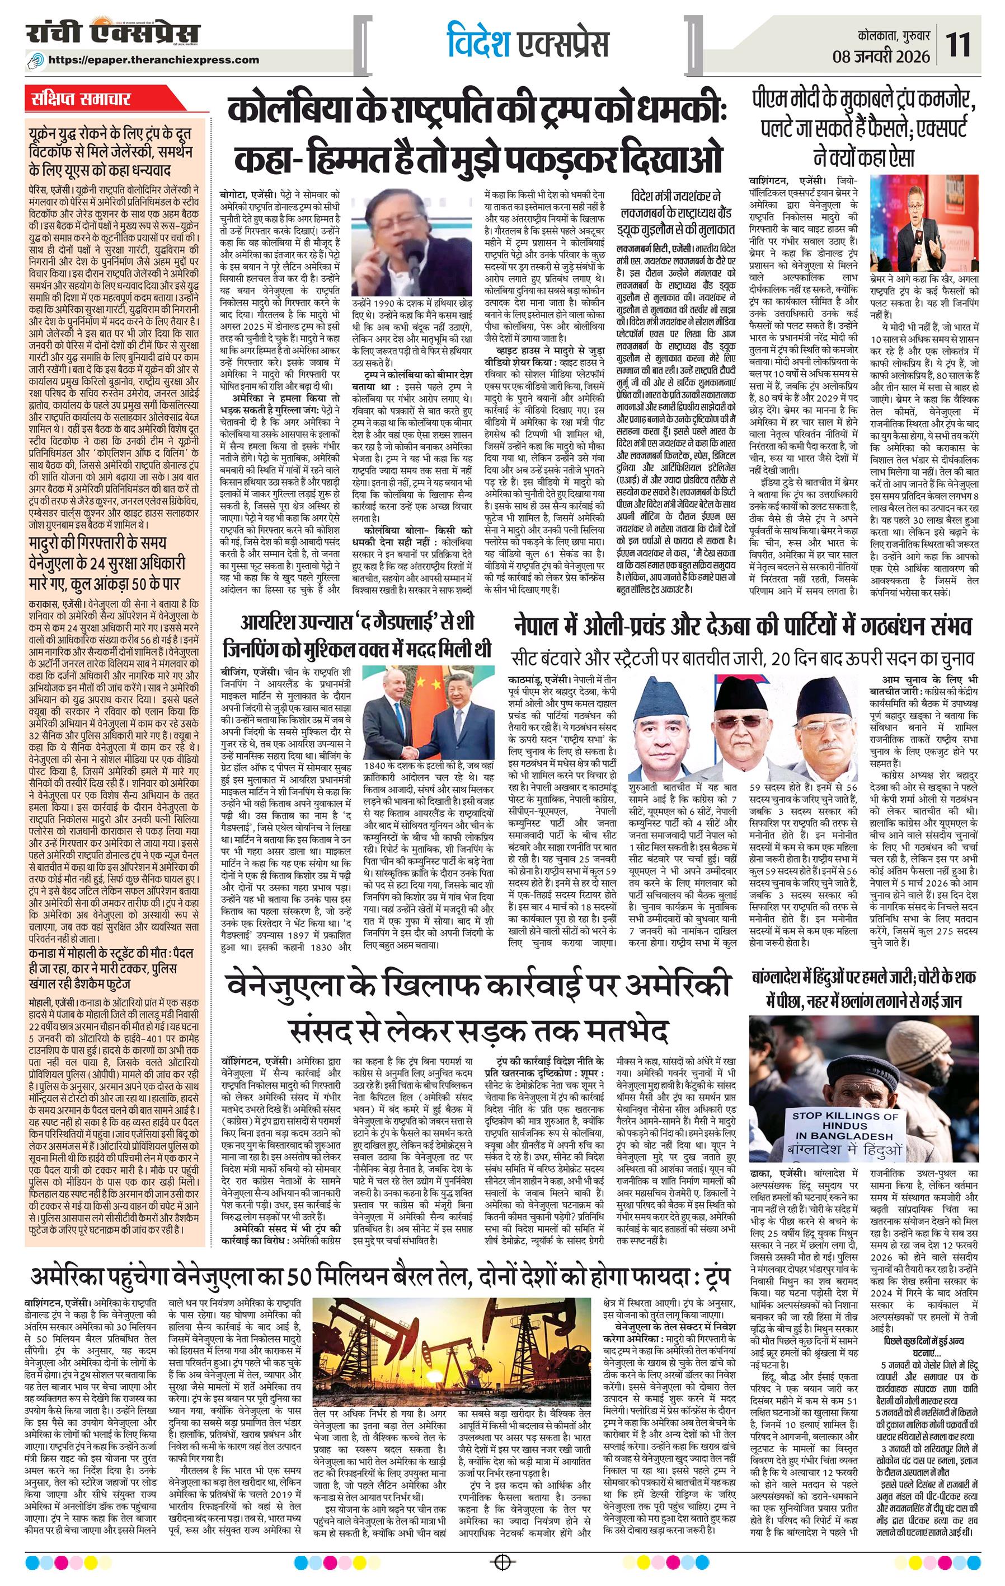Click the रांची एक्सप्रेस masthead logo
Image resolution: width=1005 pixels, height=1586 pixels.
point(112,34)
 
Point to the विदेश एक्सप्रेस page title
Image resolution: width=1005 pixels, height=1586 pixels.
point(527,44)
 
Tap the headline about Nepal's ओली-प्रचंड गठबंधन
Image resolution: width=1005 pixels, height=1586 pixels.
point(743,626)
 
